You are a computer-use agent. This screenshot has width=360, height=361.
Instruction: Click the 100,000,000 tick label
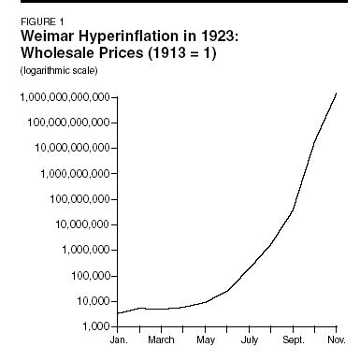pyautogui.click(x=78, y=199)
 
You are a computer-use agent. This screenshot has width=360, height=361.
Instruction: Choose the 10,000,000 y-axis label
pyautogui.click(x=80, y=224)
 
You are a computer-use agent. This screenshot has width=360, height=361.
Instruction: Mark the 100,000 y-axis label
pyautogui.click(x=86, y=276)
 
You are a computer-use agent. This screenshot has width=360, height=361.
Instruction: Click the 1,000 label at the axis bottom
pyautogui.click(x=94, y=326)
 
